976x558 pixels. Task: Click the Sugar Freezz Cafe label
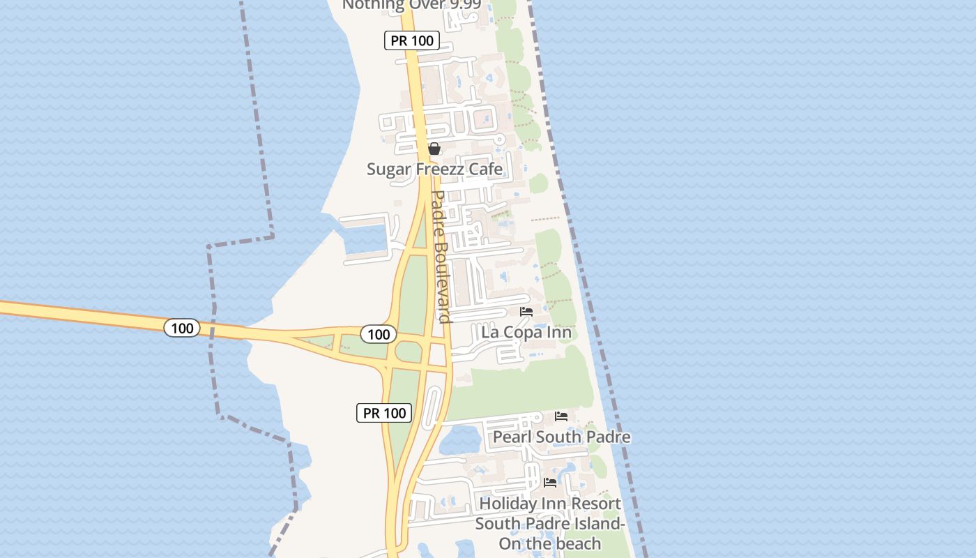[434, 169]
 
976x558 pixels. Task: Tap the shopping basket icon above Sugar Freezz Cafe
[434, 149]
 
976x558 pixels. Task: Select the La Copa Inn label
[526, 332]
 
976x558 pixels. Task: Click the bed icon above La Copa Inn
[526, 312]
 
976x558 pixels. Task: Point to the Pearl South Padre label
[562, 437]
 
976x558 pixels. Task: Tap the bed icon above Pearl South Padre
[561, 416]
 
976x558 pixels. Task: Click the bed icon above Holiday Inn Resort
[550, 482]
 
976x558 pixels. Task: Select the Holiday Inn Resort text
[550, 503]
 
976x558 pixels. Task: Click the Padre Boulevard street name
[441, 256]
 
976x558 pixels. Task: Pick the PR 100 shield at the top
[412, 40]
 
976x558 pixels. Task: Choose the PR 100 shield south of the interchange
[385, 413]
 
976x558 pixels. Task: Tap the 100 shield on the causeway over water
[183, 328]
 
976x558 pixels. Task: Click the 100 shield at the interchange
[379, 334]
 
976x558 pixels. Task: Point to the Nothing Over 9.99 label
[411, 5]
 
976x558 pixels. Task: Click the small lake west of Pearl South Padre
[459, 439]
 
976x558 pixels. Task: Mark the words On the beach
[550, 543]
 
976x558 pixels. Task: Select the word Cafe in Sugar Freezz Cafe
[485, 169]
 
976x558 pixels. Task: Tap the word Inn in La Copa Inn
[558, 332]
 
